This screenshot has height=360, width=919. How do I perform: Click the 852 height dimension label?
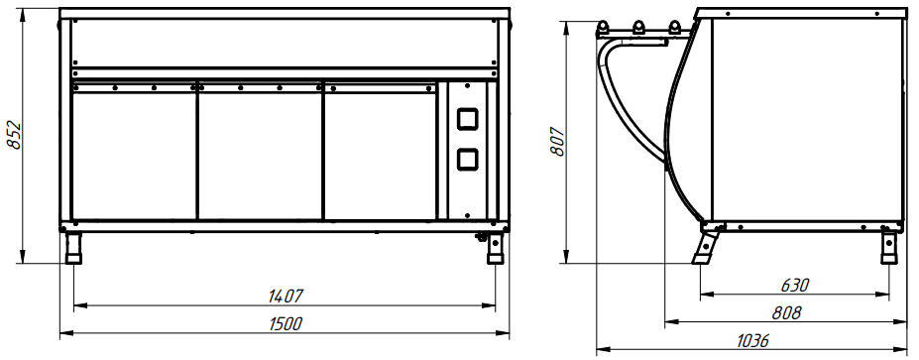pyautogui.click(x=14, y=136)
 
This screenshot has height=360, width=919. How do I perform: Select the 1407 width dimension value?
pyautogui.click(x=285, y=297)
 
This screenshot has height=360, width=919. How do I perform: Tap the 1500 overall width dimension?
pyautogui.click(x=285, y=323)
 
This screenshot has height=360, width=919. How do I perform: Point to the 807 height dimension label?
pyautogui.click(x=557, y=141)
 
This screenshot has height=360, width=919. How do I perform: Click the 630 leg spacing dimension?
pyautogui.click(x=795, y=286)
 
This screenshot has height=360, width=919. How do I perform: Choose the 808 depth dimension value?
pyautogui.click(x=786, y=313)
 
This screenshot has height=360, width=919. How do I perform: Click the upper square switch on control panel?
pyautogui.click(x=467, y=119)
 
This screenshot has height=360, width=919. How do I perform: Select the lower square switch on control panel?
pyautogui.click(x=467, y=159)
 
